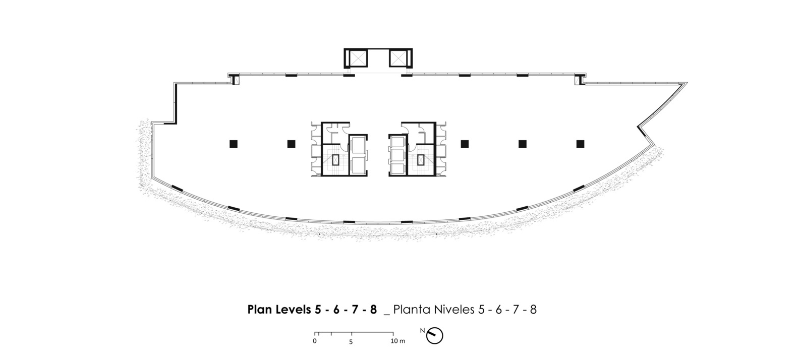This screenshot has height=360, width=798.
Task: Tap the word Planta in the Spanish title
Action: tap(412, 310)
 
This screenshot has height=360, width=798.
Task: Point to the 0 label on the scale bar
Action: tap(315, 341)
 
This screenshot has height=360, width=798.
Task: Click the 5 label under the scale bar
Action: tap(351, 342)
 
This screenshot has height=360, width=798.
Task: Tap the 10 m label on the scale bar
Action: tap(398, 341)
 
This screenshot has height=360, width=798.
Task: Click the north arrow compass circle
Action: tap(435, 336)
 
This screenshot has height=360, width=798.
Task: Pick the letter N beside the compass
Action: tap(423, 331)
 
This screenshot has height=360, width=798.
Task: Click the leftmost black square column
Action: tap(234, 144)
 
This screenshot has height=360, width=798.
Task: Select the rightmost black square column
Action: tap(580, 144)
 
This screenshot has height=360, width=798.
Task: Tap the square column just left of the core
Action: tap(292, 144)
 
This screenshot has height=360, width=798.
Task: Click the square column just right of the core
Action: tap(465, 144)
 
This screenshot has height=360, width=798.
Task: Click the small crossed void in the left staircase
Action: tap(335, 160)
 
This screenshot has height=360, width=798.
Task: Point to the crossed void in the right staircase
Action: tap(421, 160)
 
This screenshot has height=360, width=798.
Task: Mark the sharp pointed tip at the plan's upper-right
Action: tap(687, 83)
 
